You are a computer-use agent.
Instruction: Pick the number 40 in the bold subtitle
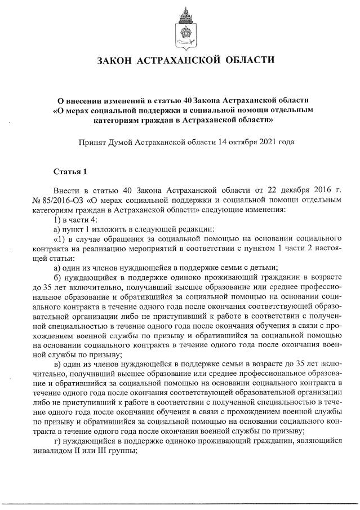tap(192, 99)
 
